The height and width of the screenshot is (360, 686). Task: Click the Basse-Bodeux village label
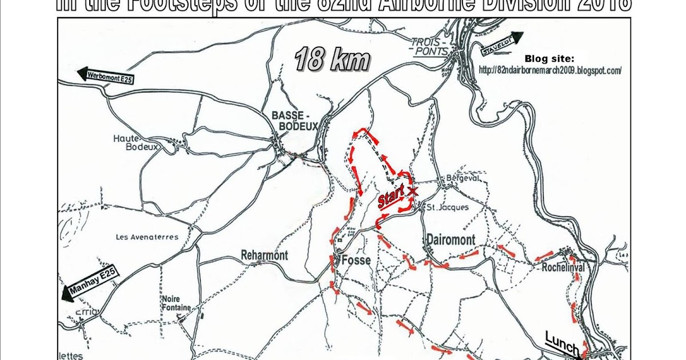(x=294, y=121)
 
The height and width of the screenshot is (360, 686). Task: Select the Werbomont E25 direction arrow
(x=106, y=76)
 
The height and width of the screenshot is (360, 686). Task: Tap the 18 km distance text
(x=332, y=59)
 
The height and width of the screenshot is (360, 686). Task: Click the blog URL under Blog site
(x=550, y=71)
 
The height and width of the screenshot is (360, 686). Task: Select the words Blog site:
(x=549, y=59)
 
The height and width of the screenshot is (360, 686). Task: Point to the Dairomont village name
(x=450, y=241)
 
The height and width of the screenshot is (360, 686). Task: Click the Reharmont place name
(x=264, y=255)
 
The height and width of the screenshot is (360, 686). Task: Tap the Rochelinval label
(x=566, y=266)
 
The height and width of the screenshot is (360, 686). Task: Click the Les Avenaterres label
(x=147, y=237)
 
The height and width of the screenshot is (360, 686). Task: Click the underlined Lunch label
(x=562, y=343)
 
